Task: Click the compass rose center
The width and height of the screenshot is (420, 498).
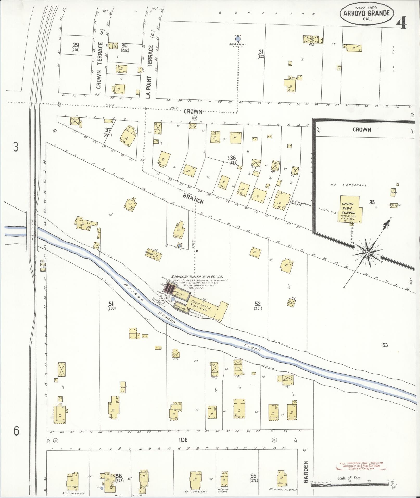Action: click(x=367, y=253)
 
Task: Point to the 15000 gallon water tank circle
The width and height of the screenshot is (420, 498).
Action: click(x=237, y=39)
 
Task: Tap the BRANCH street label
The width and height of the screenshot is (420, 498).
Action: click(x=193, y=199)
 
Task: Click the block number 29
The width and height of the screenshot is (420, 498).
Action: click(x=76, y=45)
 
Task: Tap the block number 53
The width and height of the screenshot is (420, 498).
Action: click(x=385, y=345)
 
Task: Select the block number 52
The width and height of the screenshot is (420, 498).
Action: click(x=258, y=304)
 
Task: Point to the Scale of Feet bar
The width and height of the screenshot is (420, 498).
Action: click(x=349, y=485)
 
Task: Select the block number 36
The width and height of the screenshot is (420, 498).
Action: click(x=233, y=158)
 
